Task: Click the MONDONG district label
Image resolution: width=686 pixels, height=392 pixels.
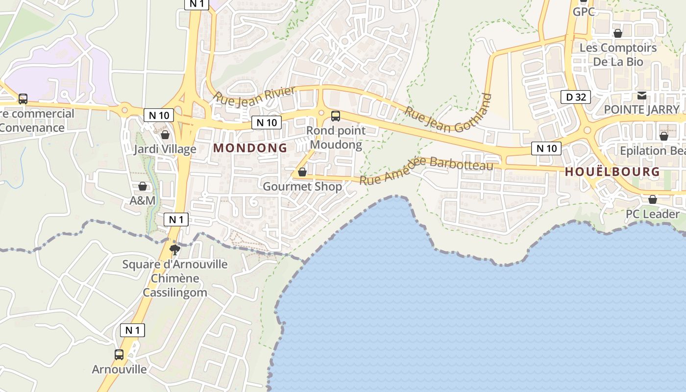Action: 250,148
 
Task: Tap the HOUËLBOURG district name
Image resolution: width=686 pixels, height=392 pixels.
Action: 612,172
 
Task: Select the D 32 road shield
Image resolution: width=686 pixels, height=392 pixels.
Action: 576,97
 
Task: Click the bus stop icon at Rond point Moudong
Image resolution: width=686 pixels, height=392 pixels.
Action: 336,116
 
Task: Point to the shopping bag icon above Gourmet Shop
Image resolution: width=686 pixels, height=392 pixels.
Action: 302,172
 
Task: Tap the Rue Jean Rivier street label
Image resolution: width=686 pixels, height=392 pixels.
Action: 255,95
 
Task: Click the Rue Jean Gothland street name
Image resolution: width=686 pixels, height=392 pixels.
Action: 448,113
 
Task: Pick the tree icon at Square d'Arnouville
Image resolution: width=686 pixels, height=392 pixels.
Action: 174,250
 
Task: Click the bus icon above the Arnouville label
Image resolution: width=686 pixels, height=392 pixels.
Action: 119,354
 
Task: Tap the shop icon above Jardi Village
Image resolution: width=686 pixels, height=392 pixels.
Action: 165,135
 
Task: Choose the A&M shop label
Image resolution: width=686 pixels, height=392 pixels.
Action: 143,200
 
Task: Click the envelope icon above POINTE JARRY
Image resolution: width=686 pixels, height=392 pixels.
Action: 642,95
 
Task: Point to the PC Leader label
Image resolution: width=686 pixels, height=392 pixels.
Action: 653,214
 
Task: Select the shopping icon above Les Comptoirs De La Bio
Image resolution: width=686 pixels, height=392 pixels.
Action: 618,33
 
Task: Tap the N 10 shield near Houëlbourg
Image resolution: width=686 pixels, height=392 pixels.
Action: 546,148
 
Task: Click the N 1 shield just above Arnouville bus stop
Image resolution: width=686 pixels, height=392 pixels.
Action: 132,330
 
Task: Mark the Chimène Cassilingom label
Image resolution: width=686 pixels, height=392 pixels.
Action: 175,286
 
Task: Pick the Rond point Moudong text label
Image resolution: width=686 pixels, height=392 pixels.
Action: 336,138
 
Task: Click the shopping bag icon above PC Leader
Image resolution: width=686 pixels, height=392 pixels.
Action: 653,199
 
